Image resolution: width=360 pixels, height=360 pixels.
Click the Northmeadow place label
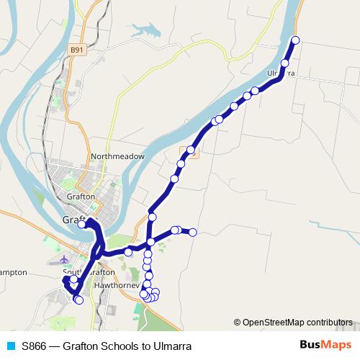click(x=118, y=156)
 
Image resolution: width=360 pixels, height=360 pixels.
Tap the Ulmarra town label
click(x=281, y=73)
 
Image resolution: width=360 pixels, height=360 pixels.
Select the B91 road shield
click(x=78, y=49)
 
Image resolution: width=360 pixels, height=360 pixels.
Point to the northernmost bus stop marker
click(x=294, y=40)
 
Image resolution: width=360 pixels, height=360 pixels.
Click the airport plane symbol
click(x=65, y=258)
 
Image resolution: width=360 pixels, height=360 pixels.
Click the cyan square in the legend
click(x=11, y=346)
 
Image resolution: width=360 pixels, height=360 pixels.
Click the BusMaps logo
click(x=321, y=345)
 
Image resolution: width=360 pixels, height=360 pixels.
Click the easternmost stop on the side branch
click(x=193, y=232)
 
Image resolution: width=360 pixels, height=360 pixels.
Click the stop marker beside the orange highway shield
click(x=191, y=150)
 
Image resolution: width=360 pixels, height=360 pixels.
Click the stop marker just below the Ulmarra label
click(x=284, y=64)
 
